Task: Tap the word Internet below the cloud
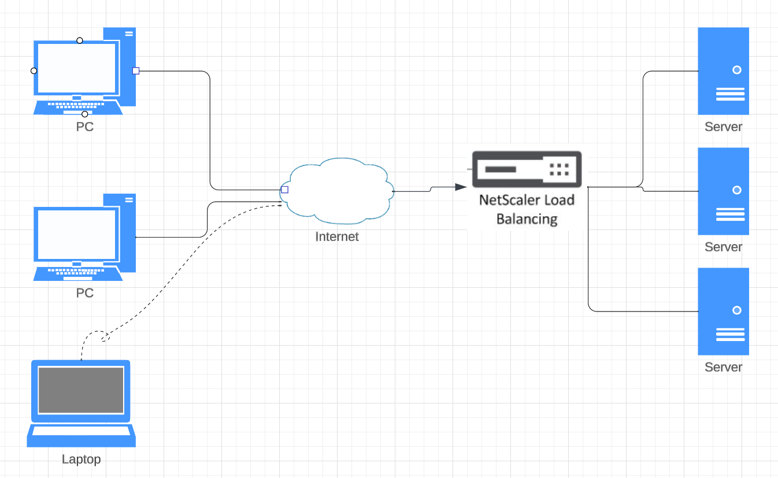click(337, 236)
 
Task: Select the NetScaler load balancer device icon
click(527, 169)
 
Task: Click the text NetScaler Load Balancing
click(527, 209)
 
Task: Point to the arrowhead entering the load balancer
click(461, 187)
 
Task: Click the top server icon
click(723, 71)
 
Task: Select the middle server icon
click(723, 191)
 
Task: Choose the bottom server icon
click(723, 312)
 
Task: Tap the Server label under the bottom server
click(723, 367)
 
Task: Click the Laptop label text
click(81, 460)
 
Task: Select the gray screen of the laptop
click(81, 390)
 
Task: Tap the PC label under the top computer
click(85, 127)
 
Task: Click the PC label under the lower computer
click(85, 293)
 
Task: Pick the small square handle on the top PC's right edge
click(136, 71)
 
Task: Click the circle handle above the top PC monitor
click(80, 40)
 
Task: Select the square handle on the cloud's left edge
click(284, 190)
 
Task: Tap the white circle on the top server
click(736, 70)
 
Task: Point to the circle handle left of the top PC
click(34, 71)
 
